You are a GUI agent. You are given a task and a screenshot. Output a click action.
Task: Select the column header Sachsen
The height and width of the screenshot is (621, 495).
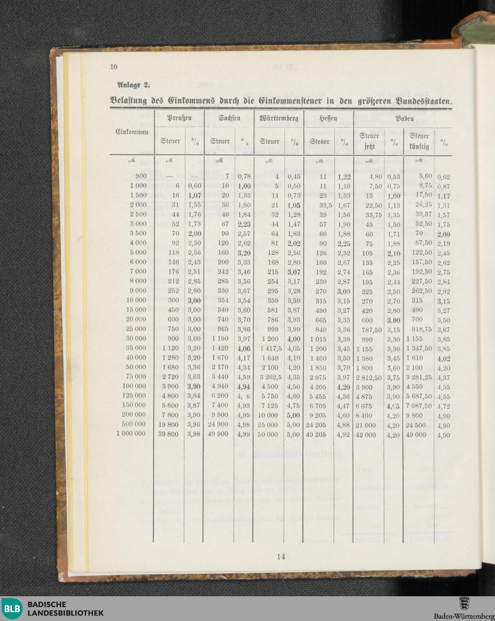(229, 118)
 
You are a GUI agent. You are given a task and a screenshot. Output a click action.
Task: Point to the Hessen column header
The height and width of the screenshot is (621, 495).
(328, 118)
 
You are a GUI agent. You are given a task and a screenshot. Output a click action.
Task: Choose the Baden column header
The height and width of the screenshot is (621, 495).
(404, 119)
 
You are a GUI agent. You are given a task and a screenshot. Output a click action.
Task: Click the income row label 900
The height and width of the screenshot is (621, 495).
(141, 176)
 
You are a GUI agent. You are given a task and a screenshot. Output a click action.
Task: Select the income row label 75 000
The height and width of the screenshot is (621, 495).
(137, 376)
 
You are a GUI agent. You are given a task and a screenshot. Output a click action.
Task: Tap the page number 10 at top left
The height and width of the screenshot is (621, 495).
(113, 67)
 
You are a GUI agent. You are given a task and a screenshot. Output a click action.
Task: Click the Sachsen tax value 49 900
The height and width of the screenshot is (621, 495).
(218, 434)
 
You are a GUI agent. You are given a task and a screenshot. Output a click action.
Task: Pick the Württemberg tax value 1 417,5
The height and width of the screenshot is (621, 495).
(269, 348)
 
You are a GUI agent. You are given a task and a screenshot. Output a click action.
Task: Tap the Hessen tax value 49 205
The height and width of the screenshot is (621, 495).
(316, 434)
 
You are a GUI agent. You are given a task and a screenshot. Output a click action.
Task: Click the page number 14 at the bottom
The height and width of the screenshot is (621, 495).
(281, 556)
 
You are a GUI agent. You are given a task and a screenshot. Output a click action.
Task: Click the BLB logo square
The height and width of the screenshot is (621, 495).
(12, 609)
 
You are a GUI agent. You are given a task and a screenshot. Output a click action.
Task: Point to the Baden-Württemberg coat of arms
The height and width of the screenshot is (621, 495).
(464, 604)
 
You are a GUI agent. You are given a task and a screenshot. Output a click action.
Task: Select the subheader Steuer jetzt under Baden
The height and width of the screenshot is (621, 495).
(369, 141)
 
